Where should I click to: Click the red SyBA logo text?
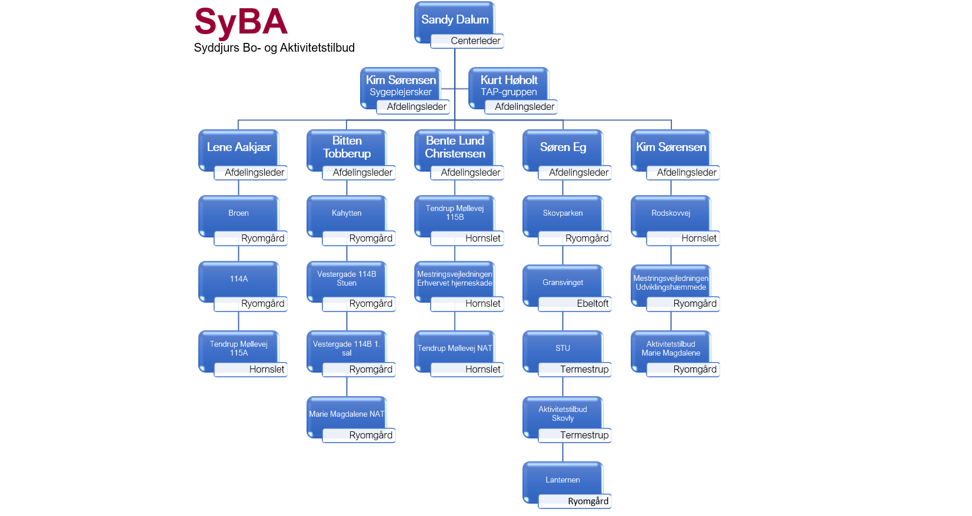point(241,22)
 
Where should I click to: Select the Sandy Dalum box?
point(454,19)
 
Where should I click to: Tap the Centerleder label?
point(475,41)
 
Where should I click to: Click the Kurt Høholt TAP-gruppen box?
point(508,85)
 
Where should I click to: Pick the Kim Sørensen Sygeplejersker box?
point(400,85)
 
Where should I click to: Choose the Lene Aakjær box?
point(238,147)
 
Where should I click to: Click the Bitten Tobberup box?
point(347,147)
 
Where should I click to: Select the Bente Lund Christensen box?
point(455,147)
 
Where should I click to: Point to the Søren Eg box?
point(562,147)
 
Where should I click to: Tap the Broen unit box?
point(238,213)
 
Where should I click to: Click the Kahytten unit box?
point(347,213)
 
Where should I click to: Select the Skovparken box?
point(562,213)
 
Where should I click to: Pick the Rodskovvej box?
point(671,213)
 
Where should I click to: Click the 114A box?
point(238,279)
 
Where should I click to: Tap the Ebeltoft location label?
point(592,304)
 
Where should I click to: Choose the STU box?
point(562,348)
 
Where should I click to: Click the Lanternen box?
point(562,480)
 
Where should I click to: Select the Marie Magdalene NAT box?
point(347,414)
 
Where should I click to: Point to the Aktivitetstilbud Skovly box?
point(562,414)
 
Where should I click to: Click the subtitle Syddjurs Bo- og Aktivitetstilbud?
point(274,48)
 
